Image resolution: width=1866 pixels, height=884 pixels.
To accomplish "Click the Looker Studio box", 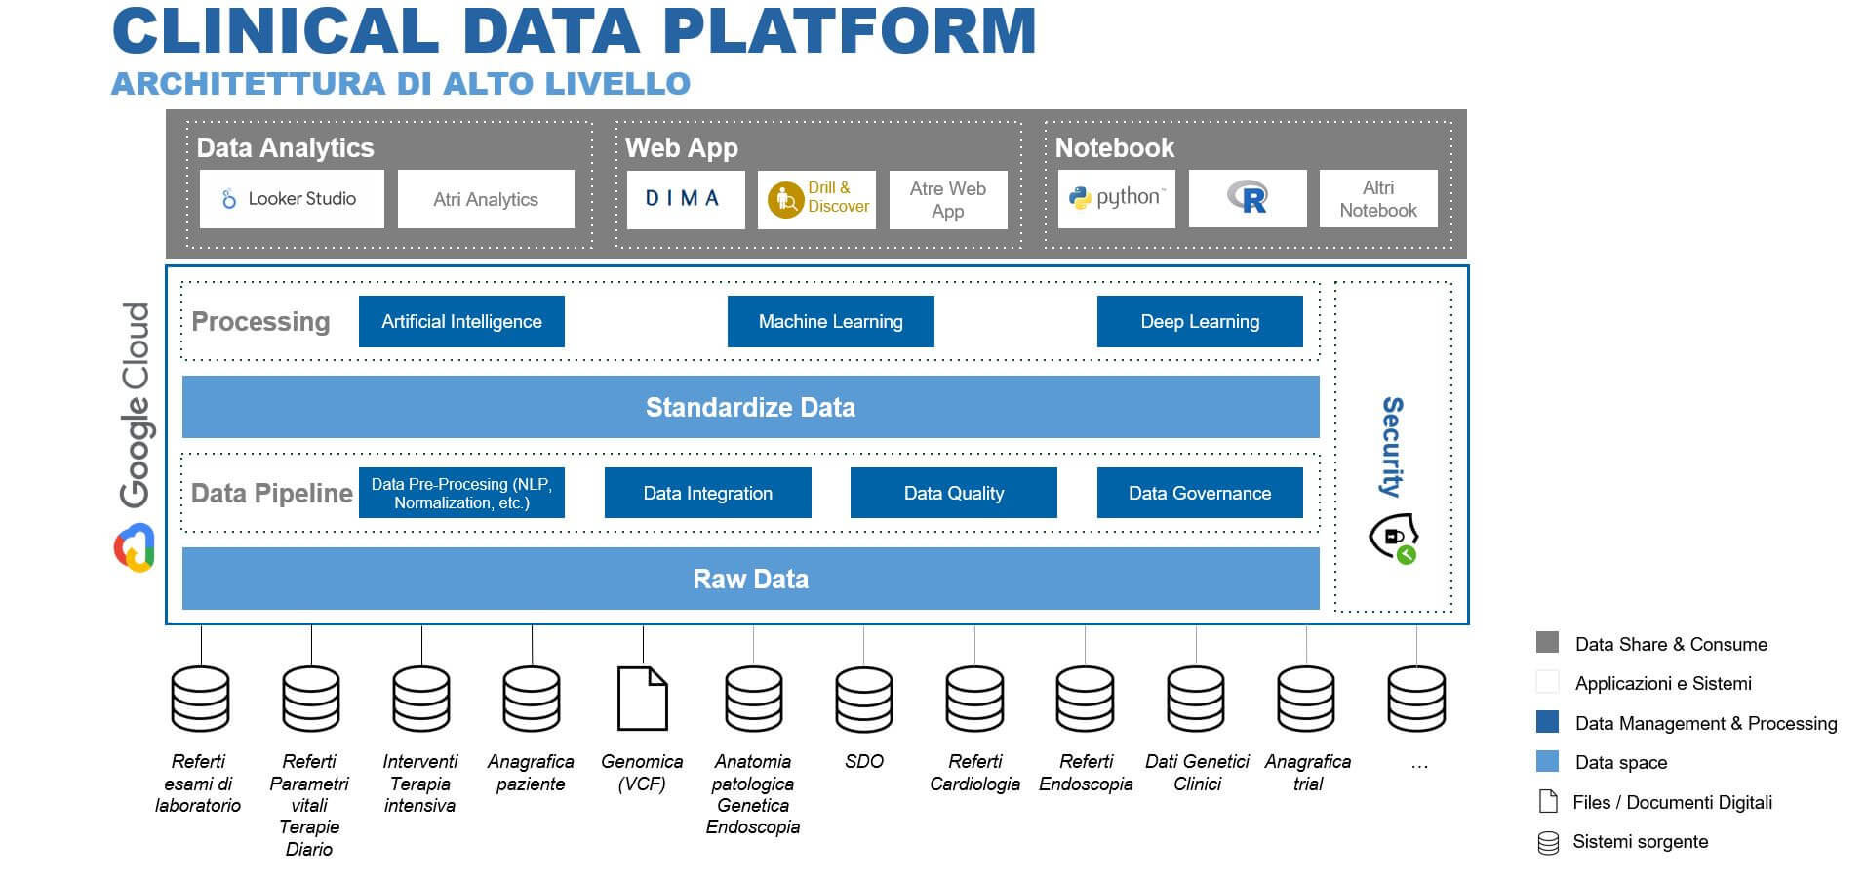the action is coord(292,199).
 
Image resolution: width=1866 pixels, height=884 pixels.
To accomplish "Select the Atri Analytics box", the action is coord(486,199).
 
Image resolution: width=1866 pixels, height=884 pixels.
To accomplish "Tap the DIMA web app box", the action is coord(686,199).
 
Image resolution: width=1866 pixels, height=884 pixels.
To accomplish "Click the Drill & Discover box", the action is coord(817,199).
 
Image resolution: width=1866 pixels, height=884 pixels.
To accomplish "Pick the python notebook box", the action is coord(1117,199).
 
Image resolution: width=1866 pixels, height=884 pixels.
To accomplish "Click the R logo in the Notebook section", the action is coord(1248,198).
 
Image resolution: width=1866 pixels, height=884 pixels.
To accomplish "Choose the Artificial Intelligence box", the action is coord(461,321).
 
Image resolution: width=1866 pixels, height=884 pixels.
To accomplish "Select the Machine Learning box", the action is coord(831,321).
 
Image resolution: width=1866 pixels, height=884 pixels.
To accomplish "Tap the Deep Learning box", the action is coord(1200,321).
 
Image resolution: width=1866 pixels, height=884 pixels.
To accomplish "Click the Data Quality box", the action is coord(954,493).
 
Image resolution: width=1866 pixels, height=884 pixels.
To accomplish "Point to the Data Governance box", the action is coord(1200,493).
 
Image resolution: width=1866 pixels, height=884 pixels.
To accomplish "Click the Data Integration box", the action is coord(708,493).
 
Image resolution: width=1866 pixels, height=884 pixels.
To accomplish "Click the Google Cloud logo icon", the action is coord(135,548).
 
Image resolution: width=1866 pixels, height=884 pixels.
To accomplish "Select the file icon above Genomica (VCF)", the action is coord(643,699).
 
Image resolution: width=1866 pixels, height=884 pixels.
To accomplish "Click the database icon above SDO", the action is coord(864,699).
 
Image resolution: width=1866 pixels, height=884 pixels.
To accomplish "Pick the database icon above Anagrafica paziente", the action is coord(532,699).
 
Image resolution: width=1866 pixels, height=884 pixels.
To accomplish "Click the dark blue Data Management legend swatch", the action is coord(1547,722).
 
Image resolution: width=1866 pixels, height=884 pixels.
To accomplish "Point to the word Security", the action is coord(1393,447).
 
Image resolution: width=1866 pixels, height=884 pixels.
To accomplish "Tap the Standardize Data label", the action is coord(750,407).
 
